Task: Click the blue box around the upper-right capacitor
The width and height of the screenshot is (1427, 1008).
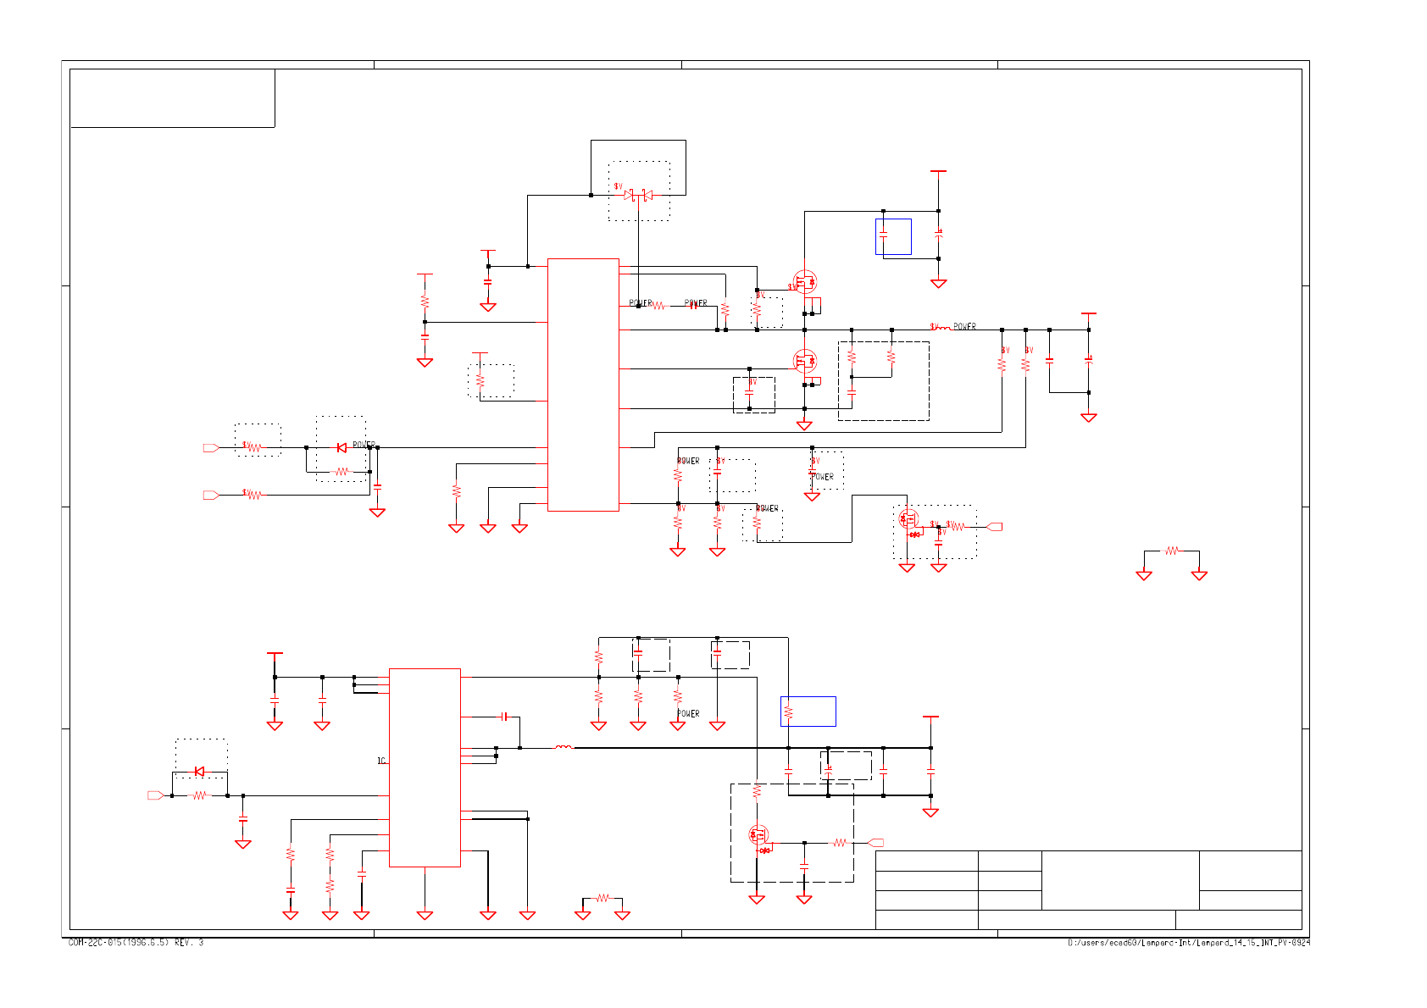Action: tap(893, 236)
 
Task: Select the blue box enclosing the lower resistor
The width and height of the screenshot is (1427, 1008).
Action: tap(808, 711)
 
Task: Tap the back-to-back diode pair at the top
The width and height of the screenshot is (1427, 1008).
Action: tap(638, 195)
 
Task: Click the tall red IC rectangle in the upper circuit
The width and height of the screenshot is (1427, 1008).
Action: tap(583, 385)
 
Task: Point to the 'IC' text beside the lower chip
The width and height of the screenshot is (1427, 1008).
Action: tap(381, 761)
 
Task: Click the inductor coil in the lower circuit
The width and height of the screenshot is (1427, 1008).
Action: tap(564, 747)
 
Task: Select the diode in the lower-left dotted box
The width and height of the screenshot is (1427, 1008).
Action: tap(199, 771)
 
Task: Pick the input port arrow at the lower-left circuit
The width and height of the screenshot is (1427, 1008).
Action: tap(155, 795)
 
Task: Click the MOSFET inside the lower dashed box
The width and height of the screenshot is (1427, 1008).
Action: tap(758, 835)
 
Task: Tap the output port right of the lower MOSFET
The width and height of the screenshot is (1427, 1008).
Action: tap(876, 843)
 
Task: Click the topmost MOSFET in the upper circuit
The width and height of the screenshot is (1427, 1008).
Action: tap(804, 280)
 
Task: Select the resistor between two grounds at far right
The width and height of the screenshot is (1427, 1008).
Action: tap(1171, 551)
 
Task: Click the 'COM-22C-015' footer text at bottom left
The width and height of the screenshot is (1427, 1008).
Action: tap(136, 943)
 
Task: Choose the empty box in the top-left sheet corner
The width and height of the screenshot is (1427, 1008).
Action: tap(172, 98)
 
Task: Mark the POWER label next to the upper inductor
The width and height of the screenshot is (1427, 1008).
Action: tap(964, 326)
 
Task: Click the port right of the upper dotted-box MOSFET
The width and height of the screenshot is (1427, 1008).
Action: tap(995, 526)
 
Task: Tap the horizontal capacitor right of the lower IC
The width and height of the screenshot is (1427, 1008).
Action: tap(504, 717)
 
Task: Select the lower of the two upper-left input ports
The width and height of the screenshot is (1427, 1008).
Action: tap(211, 495)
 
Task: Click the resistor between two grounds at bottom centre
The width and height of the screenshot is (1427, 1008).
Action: tap(602, 898)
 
